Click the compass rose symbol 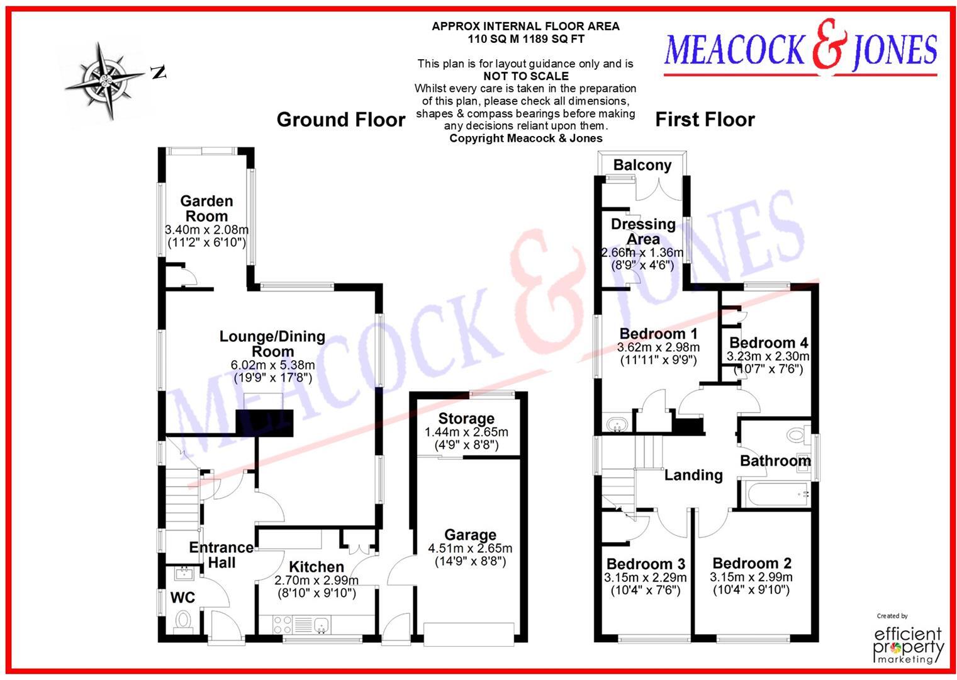click(104, 80)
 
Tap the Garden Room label click(206, 208)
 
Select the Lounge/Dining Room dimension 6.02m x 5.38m click(272, 365)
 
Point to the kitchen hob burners click(283, 624)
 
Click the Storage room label click(466, 419)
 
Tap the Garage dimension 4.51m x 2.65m click(470, 548)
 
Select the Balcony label click(642, 166)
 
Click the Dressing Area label click(643, 232)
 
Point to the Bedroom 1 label click(658, 334)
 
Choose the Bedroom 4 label click(768, 343)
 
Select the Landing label click(693, 475)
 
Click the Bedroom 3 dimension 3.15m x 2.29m click(646, 577)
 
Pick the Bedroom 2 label click(751, 564)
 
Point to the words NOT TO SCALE click(525, 76)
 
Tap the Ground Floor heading click(341, 120)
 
